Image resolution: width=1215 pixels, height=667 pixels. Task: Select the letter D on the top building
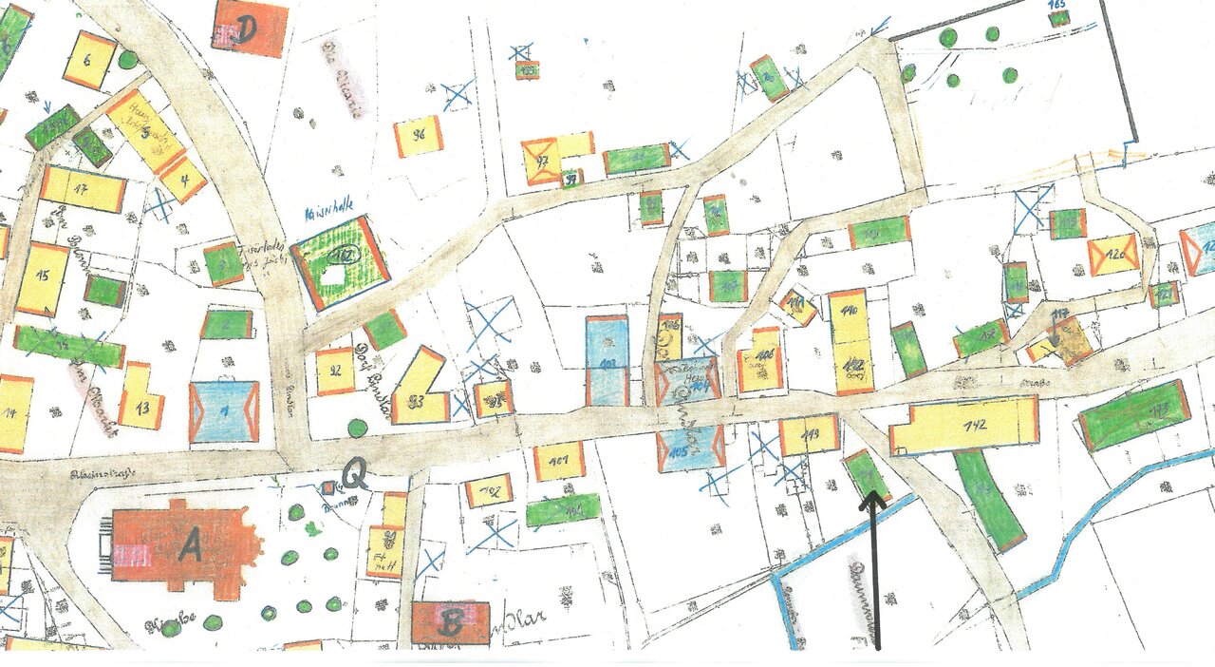tap(248, 29)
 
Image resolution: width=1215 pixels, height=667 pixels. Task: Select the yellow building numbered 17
tap(83, 189)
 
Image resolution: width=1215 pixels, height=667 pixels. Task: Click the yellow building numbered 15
tap(43, 278)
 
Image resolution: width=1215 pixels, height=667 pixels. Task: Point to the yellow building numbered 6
tap(89, 60)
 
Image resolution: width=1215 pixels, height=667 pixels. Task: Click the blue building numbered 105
tap(690, 448)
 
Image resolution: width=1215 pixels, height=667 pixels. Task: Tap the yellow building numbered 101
tap(559, 462)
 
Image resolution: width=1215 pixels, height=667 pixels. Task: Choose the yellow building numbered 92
tap(335, 371)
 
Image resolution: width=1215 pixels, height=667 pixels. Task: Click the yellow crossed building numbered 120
tap(1113, 255)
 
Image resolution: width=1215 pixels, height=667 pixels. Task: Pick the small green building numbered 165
tap(1058, 16)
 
